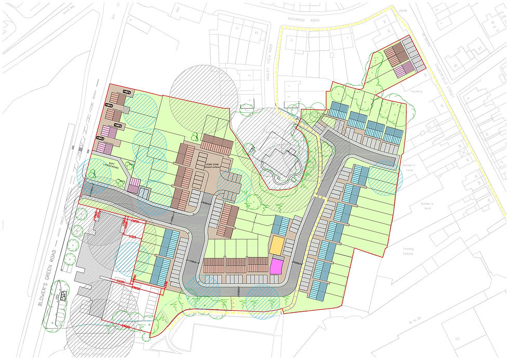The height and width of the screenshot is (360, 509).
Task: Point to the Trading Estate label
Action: click(x=408, y=252)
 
